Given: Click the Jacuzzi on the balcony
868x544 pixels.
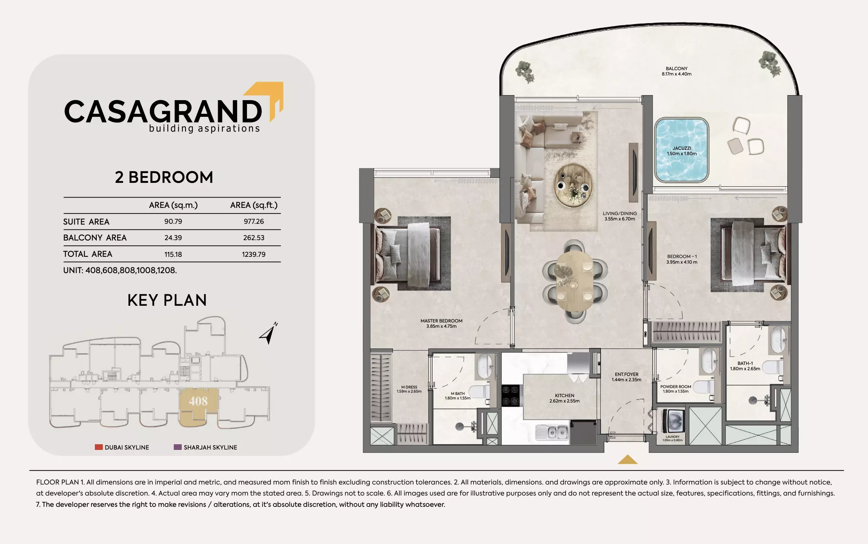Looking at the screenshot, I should tap(682, 150).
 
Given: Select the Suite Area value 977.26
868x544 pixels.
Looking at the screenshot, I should tap(253, 222).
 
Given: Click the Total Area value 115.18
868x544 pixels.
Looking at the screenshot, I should tap(173, 255).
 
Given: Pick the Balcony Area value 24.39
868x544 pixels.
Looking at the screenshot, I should tap(173, 238).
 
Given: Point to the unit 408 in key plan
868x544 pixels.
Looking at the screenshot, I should tap(198, 401).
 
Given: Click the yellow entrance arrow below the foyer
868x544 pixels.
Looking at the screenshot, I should tap(627, 460).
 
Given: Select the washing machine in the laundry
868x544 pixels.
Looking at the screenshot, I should tap(673, 421).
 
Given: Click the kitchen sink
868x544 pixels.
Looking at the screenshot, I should tap(552, 432).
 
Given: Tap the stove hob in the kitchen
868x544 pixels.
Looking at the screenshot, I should tap(511, 396).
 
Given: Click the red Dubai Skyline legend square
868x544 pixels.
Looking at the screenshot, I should tap(99, 447).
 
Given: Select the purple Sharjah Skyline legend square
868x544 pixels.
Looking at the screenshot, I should tap(178, 447).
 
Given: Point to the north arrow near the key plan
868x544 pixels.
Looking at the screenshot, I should tap(269, 333).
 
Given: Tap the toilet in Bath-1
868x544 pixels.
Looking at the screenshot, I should tap(772, 367).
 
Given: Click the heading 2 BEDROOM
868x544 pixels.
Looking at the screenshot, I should tap(164, 178).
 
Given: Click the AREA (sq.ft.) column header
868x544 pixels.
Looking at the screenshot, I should tap(253, 205).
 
